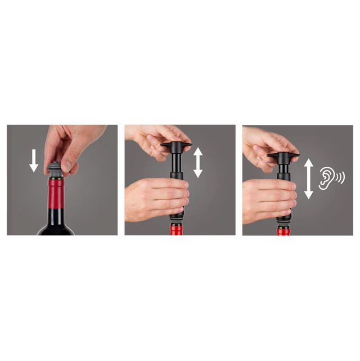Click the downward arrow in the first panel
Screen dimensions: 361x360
(x=34, y=161)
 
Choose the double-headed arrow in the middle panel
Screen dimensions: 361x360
(x=198, y=162)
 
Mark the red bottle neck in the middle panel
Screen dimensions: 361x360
(x=177, y=231)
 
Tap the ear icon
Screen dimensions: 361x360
(x=327, y=177)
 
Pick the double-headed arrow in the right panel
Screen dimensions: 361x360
(x=308, y=179)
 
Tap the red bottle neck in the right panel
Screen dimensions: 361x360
(x=283, y=232)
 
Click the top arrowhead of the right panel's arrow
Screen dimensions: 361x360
(x=308, y=163)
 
